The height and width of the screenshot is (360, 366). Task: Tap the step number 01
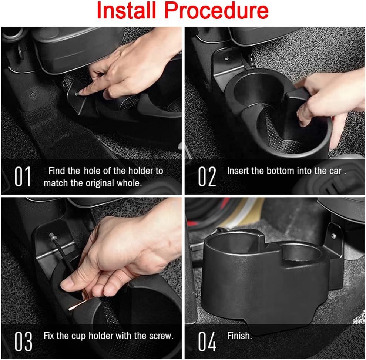(x=23, y=177)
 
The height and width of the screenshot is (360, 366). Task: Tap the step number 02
(x=207, y=177)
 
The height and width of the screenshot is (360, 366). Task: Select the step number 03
(x=23, y=342)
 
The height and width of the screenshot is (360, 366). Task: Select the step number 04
(x=207, y=342)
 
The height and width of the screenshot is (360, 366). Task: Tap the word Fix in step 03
(x=49, y=336)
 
